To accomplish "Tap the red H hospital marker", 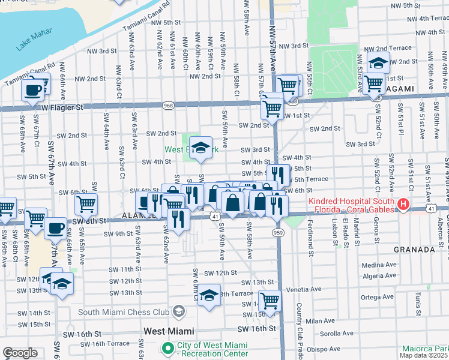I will click(403, 205).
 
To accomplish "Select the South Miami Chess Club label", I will click(127, 311).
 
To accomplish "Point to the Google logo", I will click(20, 353).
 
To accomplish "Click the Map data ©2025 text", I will click(424, 355).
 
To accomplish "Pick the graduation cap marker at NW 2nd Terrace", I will click(378, 62).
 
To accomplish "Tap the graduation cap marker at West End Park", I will click(201, 147).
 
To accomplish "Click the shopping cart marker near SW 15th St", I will click(270, 300).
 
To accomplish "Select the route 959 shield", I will click(277, 232).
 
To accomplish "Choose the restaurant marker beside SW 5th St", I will click(279, 175).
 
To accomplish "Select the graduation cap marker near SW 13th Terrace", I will click(208, 295).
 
